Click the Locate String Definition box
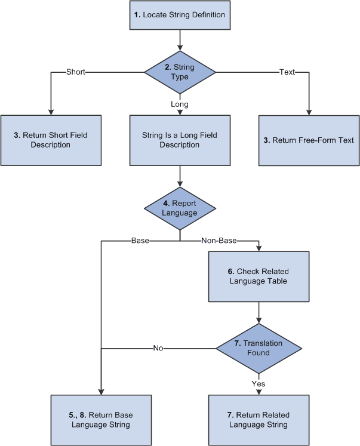180,15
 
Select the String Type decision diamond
180,72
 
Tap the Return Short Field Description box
51,140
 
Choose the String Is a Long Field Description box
180,140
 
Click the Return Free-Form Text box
309,140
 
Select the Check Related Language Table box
259,276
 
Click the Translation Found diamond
259,348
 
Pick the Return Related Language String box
259,420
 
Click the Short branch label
76,72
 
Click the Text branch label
287,72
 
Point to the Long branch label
180,104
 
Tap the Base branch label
140,241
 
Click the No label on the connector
158,348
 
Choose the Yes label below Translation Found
259,385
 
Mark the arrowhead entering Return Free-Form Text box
309,111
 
